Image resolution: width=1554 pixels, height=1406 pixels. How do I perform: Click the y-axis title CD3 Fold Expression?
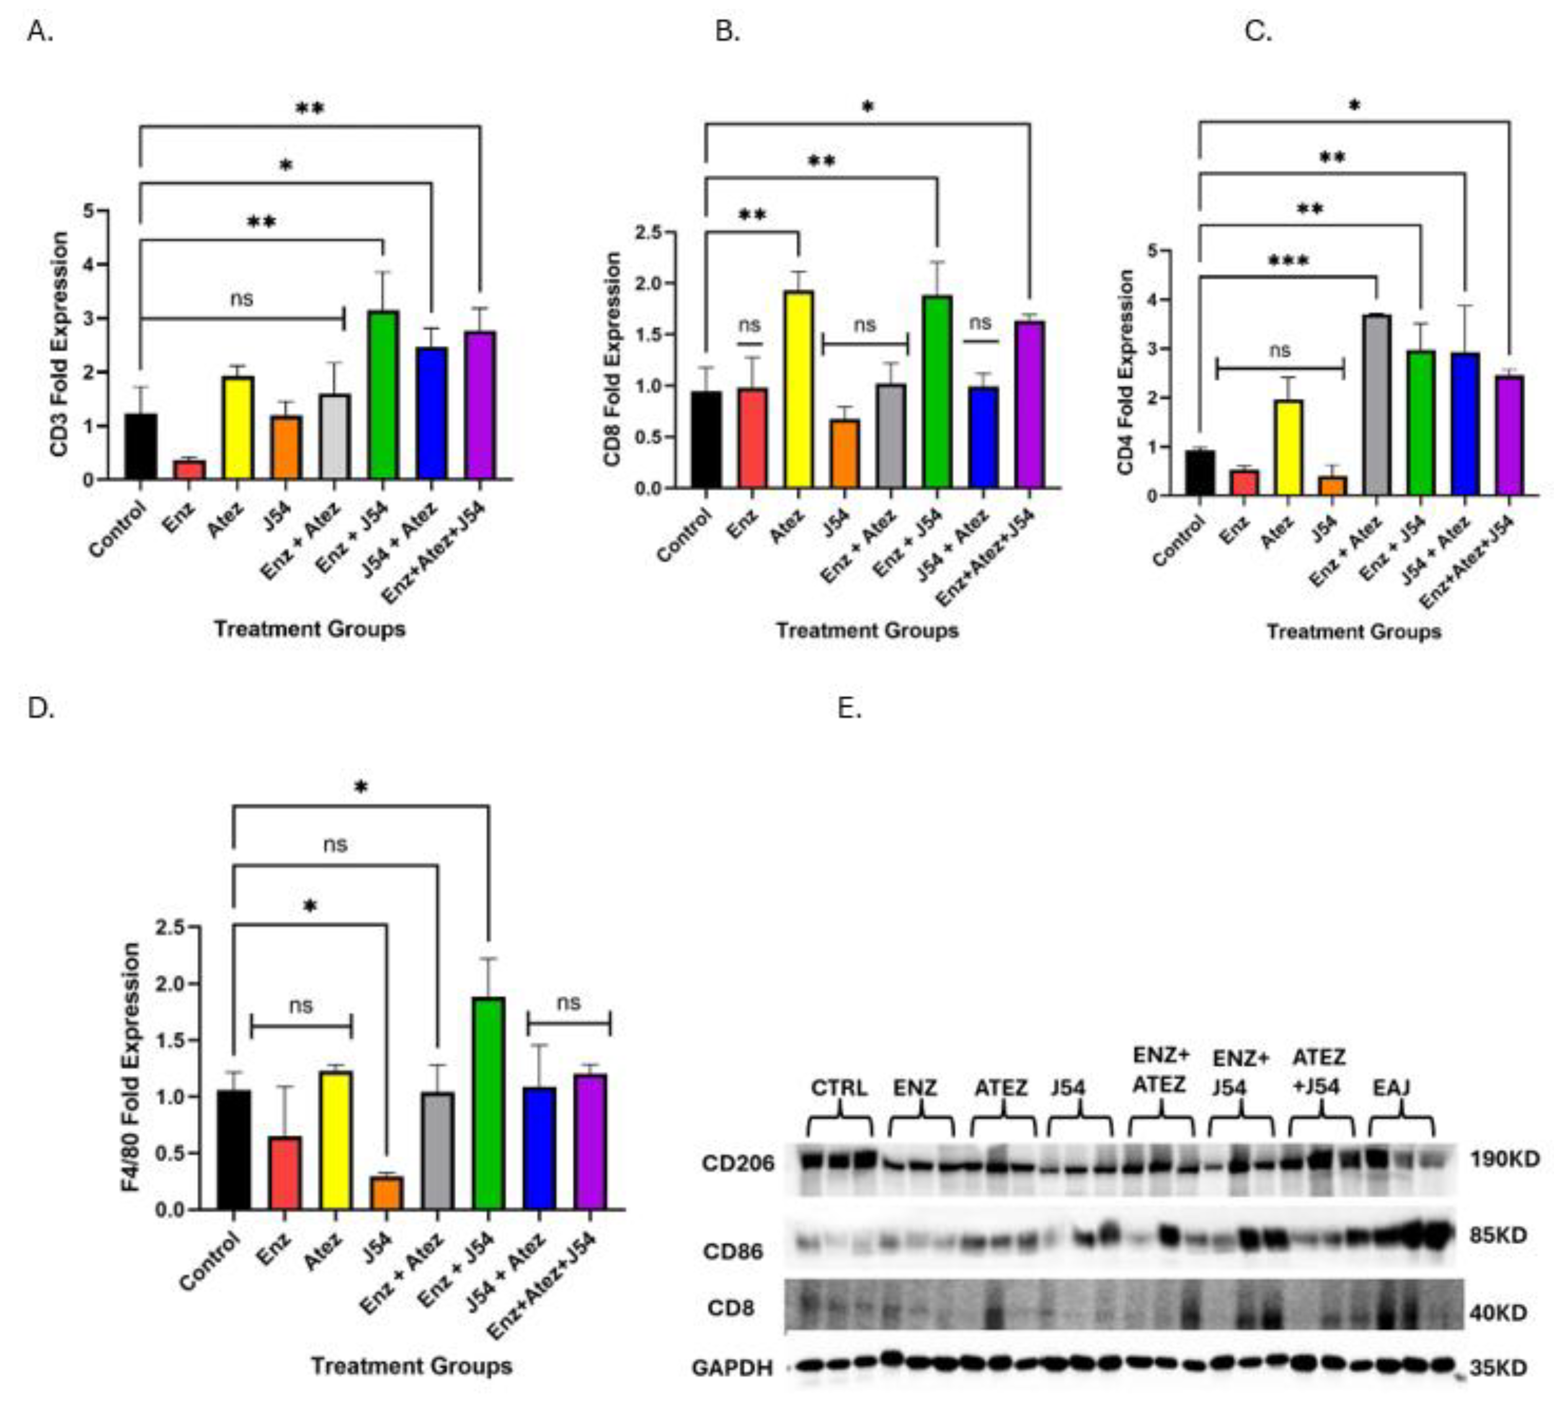point(60,344)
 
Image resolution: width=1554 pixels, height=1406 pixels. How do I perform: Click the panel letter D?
point(40,708)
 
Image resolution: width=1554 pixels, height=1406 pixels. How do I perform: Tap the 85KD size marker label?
point(1498,1235)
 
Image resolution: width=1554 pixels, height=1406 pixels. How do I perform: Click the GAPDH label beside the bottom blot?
point(731,1368)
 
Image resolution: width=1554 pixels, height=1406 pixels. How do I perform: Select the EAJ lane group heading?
point(1391,1088)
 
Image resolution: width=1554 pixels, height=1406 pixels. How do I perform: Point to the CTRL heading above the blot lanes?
point(839,1088)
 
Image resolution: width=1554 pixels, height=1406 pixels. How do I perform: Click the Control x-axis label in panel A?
point(117,529)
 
